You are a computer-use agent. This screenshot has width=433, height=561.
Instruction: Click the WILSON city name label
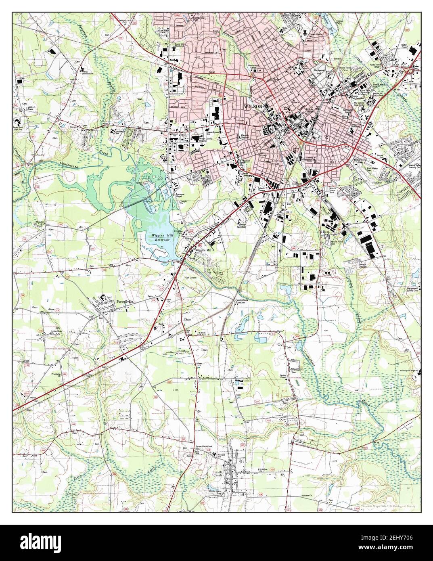click(x=253, y=106)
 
